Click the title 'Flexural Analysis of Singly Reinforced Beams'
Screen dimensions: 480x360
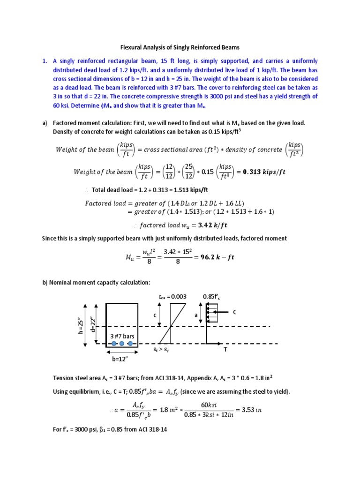180,47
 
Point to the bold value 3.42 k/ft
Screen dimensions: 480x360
206,225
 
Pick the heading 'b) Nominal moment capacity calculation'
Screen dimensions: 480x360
96,282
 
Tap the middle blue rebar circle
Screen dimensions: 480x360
122,344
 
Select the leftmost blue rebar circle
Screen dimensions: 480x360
113,344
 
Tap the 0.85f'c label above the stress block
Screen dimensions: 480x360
211,296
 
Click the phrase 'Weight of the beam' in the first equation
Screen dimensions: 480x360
84,150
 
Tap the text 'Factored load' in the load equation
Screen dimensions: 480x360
105,203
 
